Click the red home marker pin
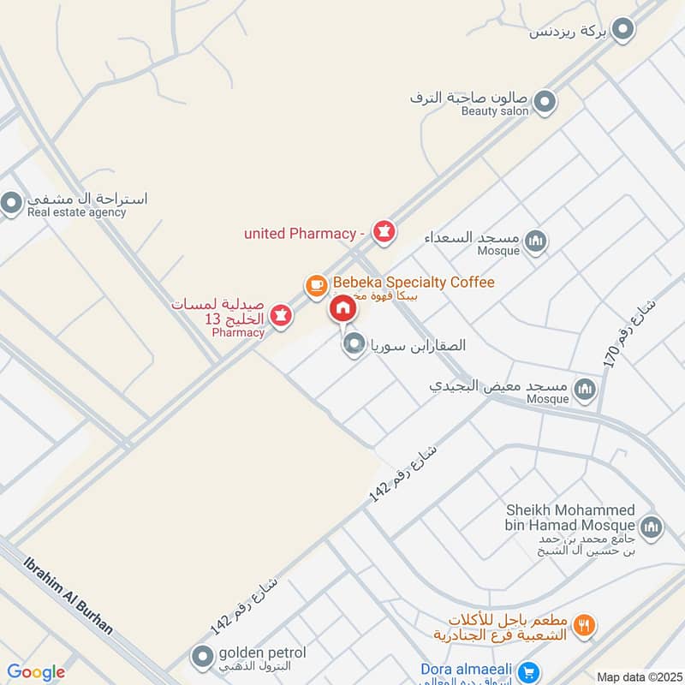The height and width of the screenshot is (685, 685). pyautogui.click(x=342, y=309)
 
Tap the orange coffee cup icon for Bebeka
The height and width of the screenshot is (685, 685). pyautogui.click(x=316, y=283)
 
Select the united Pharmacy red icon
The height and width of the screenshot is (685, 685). pyautogui.click(x=384, y=232)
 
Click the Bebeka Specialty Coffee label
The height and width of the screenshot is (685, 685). pyautogui.click(x=414, y=282)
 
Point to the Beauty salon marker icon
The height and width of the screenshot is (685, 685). pyautogui.click(x=544, y=104)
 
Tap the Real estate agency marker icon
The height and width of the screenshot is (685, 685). pyautogui.click(x=11, y=204)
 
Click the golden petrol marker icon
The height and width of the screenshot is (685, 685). pyautogui.click(x=202, y=658)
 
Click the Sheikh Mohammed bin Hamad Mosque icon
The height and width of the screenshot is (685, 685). pyautogui.click(x=650, y=525)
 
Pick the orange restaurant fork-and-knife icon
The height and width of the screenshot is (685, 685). pyautogui.click(x=586, y=626)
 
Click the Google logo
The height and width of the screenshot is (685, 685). pyautogui.click(x=36, y=672)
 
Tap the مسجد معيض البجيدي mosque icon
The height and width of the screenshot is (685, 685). pyautogui.click(x=586, y=390)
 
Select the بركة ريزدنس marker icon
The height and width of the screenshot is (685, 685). pyautogui.click(x=625, y=31)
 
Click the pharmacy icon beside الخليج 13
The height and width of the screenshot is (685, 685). pyautogui.click(x=283, y=317)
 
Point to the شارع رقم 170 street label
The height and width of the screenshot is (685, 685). pyautogui.click(x=629, y=334)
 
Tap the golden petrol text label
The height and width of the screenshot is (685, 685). pyautogui.click(x=262, y=653)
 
